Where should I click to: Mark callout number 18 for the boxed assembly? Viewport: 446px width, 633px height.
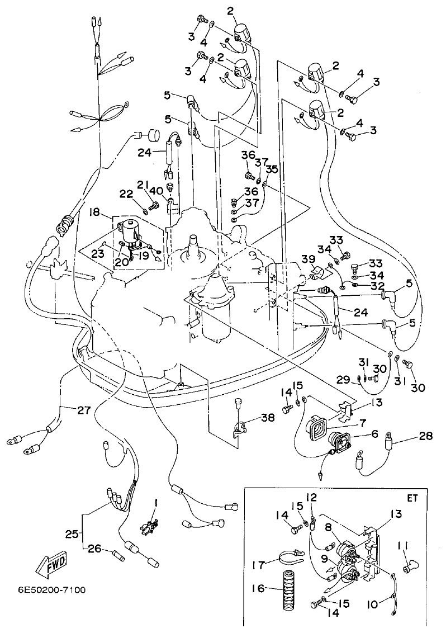click(93, 212)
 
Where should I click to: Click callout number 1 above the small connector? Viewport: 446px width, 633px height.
click(156, 503)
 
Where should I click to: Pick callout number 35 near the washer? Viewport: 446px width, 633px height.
click(272, 169)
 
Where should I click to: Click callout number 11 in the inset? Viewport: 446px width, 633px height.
click(405, 544)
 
